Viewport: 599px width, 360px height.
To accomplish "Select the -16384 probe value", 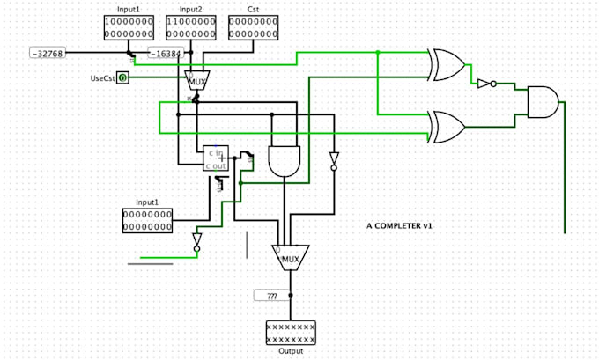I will pyautogui.click(x=166, y=54).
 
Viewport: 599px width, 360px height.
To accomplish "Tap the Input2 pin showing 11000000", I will pyautogui.click(x=191, y=27).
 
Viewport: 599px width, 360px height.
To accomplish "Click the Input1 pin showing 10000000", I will pyautogui.click(x=129, y=27).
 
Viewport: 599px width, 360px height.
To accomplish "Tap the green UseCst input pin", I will pyautogui.click(x=123, y=78).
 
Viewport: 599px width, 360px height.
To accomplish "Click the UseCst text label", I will pyautogui.click(x=103, y=78).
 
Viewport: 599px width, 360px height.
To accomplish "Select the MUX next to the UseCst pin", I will pyautogui.click(x=196, y=80).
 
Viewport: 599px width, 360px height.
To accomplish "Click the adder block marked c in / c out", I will pyautogui.click(x=216, y=158).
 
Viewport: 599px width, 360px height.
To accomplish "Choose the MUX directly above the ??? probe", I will pyautogui.click(x=290, y=257).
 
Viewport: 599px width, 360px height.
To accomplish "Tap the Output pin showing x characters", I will pyautogui.click(x=291, y=333).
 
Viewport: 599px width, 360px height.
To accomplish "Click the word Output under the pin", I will pyautogui.click(x=291, y=351).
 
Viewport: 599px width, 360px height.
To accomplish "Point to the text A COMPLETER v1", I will pyautogui.click(x=399, y=226).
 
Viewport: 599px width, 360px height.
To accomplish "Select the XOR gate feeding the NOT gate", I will pyautogui.click(x=447, y=63).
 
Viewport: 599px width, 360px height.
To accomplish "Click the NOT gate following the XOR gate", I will pyautogui.click(x=484, y=84).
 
